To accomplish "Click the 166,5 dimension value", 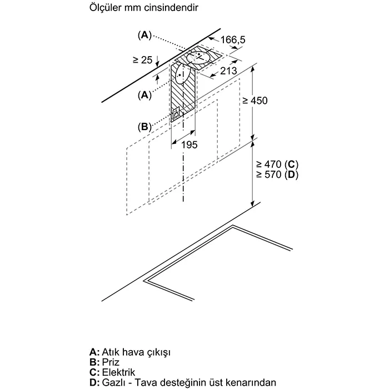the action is click(233, 39).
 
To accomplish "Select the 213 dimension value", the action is click(228, 71).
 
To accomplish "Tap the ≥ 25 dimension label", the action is click(142, 60).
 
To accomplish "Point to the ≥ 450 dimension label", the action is click(255, 101).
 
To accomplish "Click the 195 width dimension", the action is click(189, 144).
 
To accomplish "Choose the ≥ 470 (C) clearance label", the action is click(277, 164).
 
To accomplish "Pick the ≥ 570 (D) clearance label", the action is click(277, 174).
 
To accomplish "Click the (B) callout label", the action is click(144, 127).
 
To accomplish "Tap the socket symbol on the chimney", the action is click(176, 112).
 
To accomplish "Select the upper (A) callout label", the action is click(144, 35).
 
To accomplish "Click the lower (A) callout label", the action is click(144, 95).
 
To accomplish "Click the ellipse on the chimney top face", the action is click(199, 58).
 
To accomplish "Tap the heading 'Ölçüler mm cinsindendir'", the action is click(144, 8).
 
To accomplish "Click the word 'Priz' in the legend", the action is click(111, 362).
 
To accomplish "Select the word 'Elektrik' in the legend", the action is click(118, 372).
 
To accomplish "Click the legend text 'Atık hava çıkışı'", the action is click(136, 352).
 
